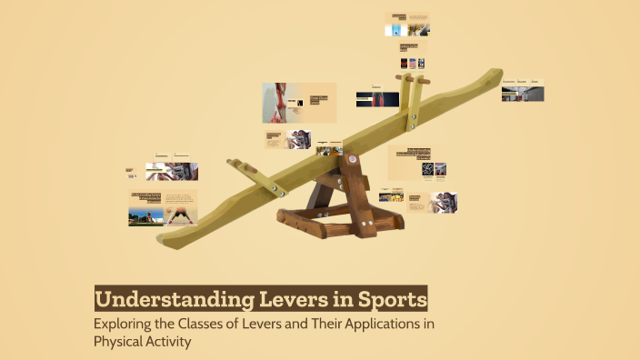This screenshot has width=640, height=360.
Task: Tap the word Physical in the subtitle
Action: tap(118, 343)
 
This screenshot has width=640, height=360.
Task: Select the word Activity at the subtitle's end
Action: tap(170, 343)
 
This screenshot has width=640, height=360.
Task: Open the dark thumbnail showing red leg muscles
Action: tap(377, 98)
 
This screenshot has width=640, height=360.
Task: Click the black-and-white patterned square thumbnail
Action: tap(426, 169)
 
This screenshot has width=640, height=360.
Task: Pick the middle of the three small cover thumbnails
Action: tap(413, 63)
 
